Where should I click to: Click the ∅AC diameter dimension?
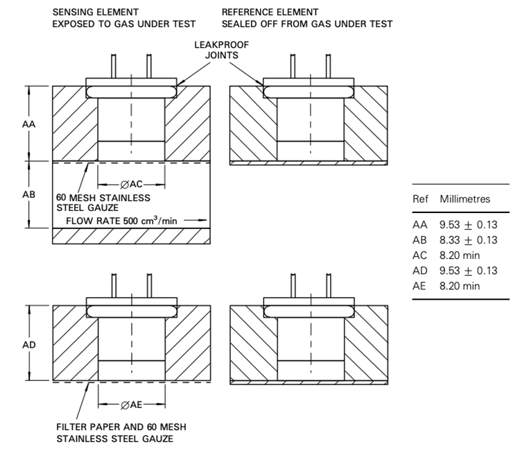point(131,185)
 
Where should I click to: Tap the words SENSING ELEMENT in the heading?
point(95,12)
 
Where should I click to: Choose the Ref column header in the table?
point(420,199)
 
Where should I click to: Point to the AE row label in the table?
point(420,285)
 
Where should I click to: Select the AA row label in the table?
point(420,226)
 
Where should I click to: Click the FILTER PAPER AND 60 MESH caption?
point(121,426)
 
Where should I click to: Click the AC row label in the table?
point(420,255)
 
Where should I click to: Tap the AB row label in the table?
point(420,240)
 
